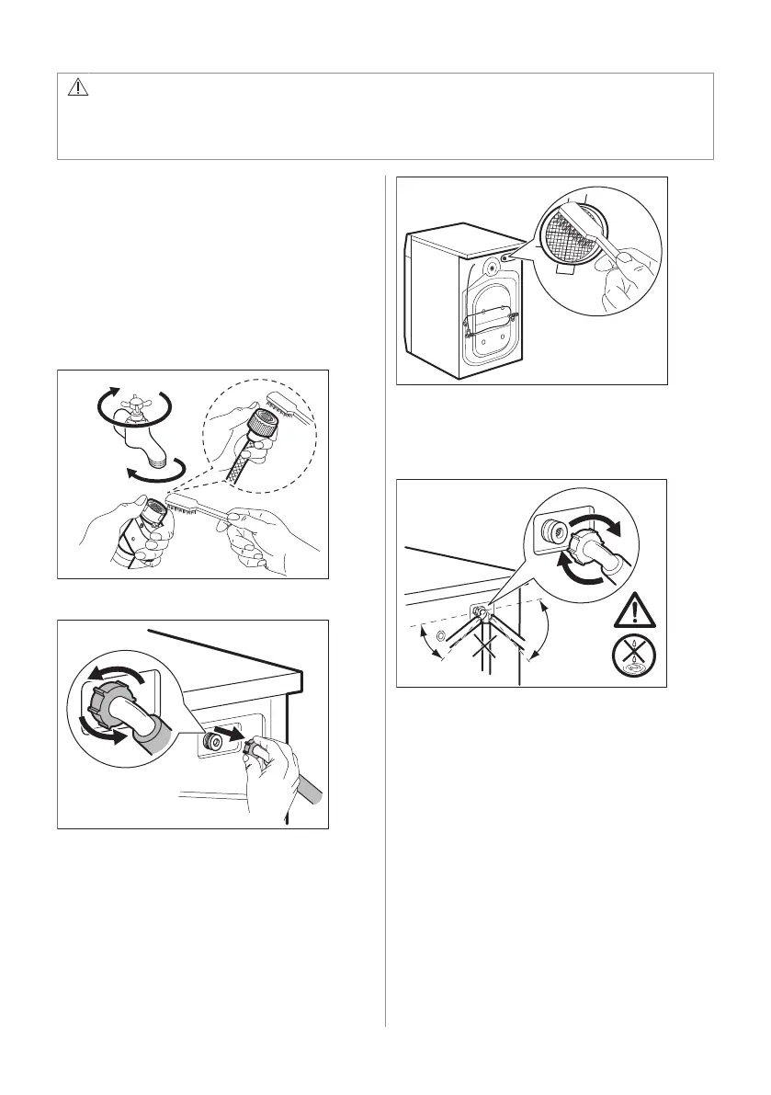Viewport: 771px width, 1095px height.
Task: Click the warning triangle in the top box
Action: [x=77, y=88]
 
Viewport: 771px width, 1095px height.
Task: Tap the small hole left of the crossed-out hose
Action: [x=441, y=637]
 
